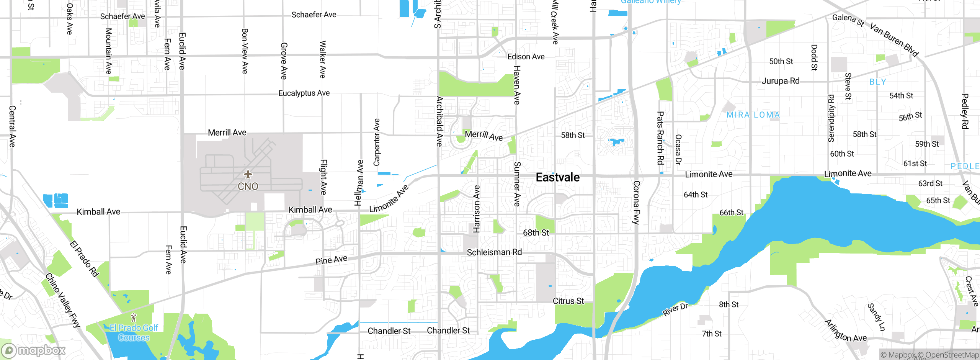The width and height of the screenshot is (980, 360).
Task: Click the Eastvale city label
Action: [557, 177]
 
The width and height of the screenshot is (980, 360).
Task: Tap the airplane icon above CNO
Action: [248, 175]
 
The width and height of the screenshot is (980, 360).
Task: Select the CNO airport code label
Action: [248, 187]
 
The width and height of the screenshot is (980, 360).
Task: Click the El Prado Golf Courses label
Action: [134, 332]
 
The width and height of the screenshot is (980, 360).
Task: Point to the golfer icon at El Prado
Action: [134, 317]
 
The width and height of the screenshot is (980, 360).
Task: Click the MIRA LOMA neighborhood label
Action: [753, 115]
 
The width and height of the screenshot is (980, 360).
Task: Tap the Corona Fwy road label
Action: [636, 202]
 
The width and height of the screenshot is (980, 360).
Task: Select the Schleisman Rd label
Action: [494, 252]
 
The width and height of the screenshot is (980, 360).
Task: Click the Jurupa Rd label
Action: [781, 81]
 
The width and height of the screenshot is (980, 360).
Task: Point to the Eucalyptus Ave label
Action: [304, 93]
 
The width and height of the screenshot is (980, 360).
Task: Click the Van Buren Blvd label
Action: [894, 39]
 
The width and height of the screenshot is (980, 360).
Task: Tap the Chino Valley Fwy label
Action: [63, 300]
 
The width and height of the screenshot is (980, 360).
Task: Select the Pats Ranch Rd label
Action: [660, 138]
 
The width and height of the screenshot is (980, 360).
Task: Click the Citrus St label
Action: [568, 301]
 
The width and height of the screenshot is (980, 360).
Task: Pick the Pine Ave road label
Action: [331, 260]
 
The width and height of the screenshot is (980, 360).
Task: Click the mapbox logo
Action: [34, 350]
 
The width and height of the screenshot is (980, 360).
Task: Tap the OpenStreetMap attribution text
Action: [952, 355]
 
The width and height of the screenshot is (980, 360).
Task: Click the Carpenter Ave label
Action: [377, 142]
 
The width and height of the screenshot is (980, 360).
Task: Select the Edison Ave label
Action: [526, 57]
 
